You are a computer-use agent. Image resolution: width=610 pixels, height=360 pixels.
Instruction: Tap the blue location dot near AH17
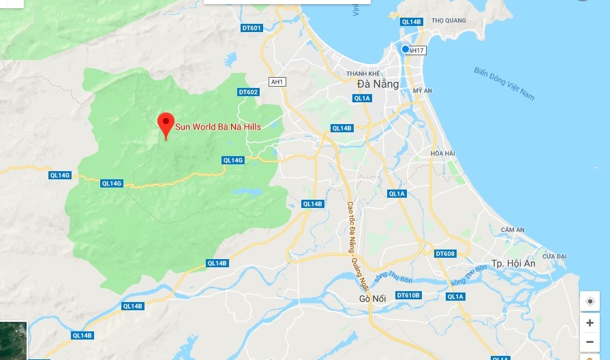click(406, 49)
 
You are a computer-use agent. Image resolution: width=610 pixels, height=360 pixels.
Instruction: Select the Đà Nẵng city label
click(373, 84)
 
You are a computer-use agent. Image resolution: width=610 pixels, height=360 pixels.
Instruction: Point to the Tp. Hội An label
click(514, 263)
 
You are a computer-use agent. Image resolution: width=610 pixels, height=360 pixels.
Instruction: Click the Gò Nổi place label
click(373, 299)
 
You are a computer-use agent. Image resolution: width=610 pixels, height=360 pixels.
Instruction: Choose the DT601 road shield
click(251, 28)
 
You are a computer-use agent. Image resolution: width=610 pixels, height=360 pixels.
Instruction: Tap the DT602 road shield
click(248, 92)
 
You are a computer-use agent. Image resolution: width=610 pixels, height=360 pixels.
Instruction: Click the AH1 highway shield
click(277, 82)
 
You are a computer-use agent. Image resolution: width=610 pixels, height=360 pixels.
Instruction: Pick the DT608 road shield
click(444, 254)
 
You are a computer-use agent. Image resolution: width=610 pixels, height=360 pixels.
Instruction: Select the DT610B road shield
click(408, 295)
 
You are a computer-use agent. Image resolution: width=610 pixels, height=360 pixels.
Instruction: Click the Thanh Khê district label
click(363, 73)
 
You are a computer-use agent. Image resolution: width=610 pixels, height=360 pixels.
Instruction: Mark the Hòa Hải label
click(442, 153)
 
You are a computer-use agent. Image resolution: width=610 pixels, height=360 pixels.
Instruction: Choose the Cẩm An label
click(512, 230)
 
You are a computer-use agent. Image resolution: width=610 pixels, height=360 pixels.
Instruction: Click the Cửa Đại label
click(555, 256)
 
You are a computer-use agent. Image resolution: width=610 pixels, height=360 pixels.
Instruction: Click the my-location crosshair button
click(590, 301)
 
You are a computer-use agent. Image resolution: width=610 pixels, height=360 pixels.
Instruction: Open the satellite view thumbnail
click(13, 340)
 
